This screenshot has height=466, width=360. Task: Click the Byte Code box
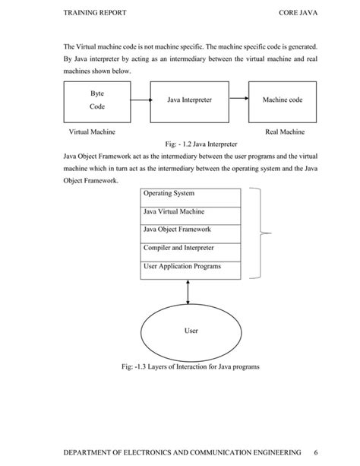click(x=96, y=100)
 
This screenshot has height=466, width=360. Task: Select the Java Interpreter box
click(x=190, y=100)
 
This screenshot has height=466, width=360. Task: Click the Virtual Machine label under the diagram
click(x=92, y=132)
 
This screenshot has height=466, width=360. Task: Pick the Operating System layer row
click(x=191, y=195)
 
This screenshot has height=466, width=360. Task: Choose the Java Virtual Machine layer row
click(x=191, y=214)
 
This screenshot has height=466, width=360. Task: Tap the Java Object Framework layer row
click(x=191, y=231)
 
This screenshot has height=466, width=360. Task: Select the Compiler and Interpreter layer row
click(x=191, y=249)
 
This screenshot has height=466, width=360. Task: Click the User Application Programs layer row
click(x=191, y=268)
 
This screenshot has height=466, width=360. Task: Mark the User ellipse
click(x=191, y=331)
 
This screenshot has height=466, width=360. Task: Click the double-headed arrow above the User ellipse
click(x=188, y=291)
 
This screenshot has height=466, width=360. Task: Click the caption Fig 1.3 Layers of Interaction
click(x=190, y=367)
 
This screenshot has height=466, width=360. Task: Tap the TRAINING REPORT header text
click(x=95, y=14)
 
